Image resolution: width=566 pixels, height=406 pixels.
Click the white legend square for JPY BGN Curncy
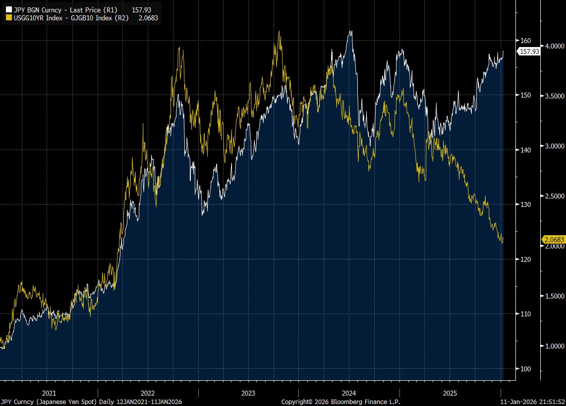8,9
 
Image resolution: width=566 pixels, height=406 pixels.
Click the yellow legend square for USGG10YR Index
8,17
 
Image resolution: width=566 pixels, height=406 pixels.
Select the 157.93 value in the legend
140,9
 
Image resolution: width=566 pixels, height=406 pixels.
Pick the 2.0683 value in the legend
148,17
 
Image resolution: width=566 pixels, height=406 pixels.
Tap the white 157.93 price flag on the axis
529,51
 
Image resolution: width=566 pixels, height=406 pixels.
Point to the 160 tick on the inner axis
525,41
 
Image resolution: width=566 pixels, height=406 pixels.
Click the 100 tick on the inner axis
525,369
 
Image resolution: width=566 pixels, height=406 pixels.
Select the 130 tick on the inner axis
525,204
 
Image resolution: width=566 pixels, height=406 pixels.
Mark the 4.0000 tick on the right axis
554,46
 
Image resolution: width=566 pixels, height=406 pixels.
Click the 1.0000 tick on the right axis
554,346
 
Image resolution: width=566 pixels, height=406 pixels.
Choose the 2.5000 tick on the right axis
554,196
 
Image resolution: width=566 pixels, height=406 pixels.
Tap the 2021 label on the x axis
48,393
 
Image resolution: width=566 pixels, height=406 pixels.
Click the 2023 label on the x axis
248,393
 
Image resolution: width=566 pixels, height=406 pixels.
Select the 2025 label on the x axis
450,393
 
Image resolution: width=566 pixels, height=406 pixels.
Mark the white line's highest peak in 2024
350,31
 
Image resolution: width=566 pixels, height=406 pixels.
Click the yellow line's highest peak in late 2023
279,31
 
